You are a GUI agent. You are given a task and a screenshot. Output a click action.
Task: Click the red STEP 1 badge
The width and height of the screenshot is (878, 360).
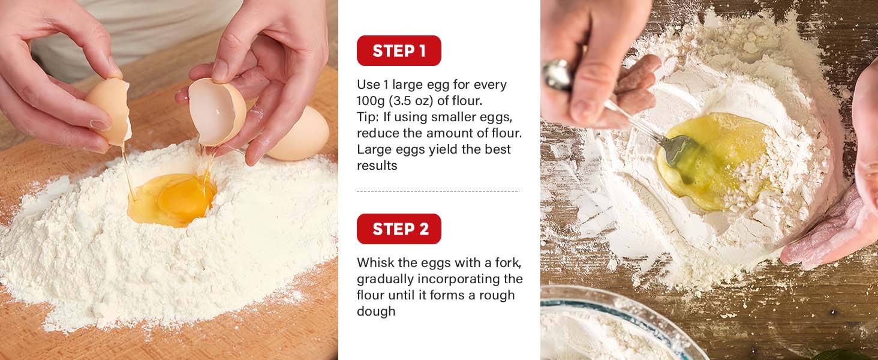(399, 50)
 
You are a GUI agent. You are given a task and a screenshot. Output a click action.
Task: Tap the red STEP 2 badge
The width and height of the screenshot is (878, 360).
(399, 229)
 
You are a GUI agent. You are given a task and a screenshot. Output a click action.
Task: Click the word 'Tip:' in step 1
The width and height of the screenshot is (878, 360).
(368, 117)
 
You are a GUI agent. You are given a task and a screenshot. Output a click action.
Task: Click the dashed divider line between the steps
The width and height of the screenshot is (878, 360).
(438, 191)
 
